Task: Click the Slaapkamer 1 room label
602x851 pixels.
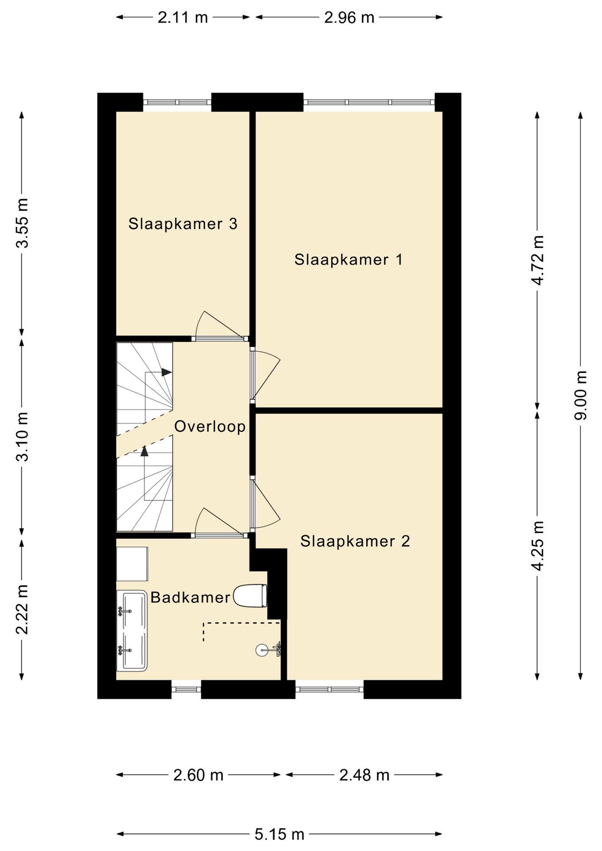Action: pos(348,260)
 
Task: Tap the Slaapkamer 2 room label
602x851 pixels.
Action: pos(355,541)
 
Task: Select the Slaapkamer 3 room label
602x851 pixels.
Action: pos(183,224)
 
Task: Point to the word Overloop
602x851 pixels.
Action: pos(210,426)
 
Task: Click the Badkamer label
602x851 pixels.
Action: pos(190,597)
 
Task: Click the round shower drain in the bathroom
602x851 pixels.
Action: pos(262,650)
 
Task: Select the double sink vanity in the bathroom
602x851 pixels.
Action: pos(132,630)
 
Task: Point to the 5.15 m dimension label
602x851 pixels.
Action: pos(279,835)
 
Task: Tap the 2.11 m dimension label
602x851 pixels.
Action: pos(183,18)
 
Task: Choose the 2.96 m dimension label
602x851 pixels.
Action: pos(349,18)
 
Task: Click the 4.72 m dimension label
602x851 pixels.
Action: pos(538,260)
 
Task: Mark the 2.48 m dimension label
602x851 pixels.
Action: pos(364,775)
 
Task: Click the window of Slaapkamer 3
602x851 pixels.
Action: pos(177,102)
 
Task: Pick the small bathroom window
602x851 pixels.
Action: pos(186,689)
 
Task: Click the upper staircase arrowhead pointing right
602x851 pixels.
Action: pos(166,372)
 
